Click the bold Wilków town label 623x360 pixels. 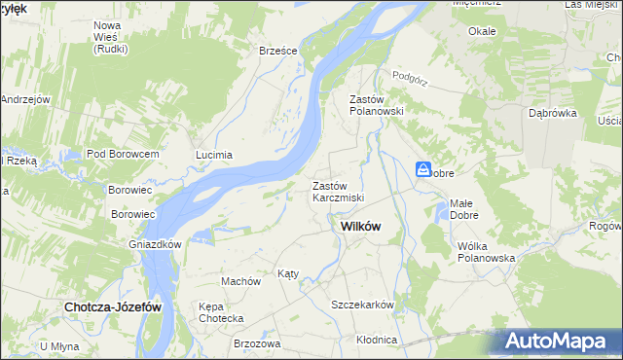click(361, 226)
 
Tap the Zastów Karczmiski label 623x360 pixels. click(338, 191)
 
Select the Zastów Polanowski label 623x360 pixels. click(376, 104)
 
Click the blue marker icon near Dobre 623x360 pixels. click(424, 169)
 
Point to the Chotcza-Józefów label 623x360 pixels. click(112, 306)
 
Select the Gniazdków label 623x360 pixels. click(156, 244)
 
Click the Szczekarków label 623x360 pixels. click(362, 305)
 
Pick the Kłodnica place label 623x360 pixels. click(377, 340)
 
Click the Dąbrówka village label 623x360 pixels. click(553, 113)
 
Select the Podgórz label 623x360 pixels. click(411, 75)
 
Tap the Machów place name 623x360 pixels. click(240, 280)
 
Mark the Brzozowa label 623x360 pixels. click(257, 343)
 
